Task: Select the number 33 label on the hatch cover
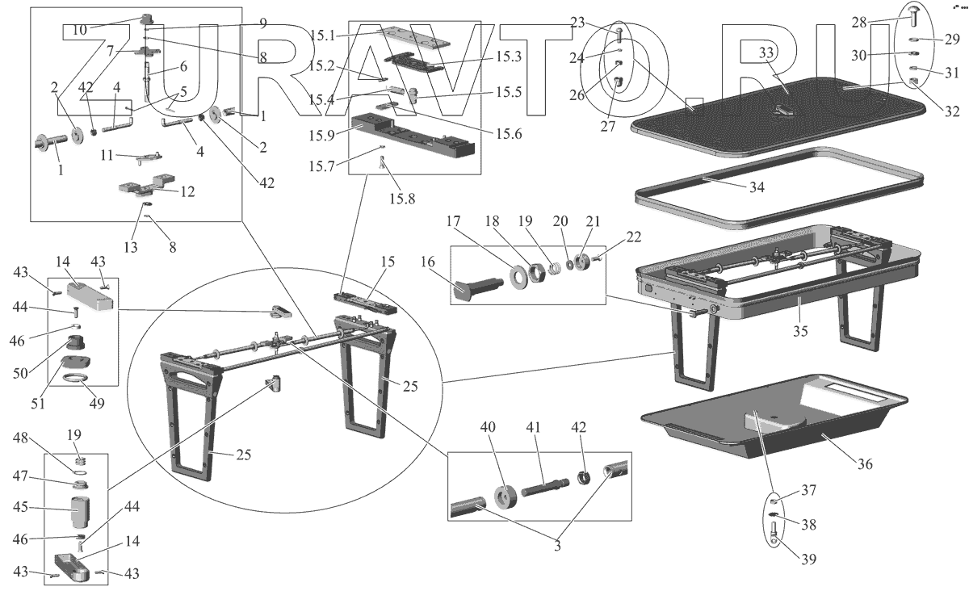click(x=767, y=53)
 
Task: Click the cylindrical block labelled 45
click(x=83, y=510)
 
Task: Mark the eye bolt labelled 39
click(x=774, y=535)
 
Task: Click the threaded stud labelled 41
click(x=547, y=489)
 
